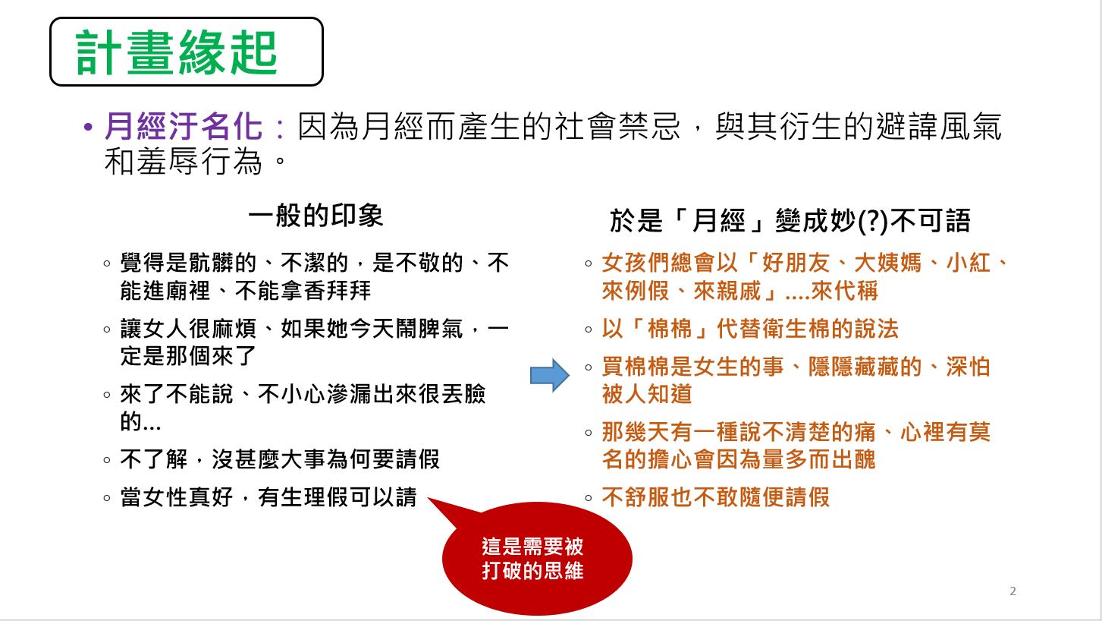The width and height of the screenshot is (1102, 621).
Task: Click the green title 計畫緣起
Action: coord(176,52)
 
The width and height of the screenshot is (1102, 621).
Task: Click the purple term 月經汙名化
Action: coord(183,127)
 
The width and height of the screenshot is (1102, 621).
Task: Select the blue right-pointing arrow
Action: coord(550,375)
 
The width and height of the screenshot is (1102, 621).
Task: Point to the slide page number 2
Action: coord(1013,591)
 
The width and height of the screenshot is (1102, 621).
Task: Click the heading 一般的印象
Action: coord(316,216)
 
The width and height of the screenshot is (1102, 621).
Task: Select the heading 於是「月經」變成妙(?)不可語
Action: coord(790,220)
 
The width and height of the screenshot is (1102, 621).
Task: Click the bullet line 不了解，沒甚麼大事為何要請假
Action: coord(279,459)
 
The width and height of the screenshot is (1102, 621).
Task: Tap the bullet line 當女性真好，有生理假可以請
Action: coord(268,497)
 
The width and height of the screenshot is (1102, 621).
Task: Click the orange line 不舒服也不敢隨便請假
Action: coord(716,497)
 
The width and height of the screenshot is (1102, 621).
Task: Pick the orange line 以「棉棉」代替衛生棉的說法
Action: coord(750,329)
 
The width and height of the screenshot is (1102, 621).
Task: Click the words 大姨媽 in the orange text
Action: coord(887,263)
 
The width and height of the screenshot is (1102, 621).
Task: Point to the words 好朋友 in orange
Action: coord(796,263)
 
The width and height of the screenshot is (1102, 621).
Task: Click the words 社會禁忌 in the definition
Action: coord(618,127)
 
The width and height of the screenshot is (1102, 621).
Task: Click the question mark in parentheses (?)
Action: coord(872,221)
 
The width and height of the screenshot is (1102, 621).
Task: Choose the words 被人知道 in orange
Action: coord(647,394)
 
